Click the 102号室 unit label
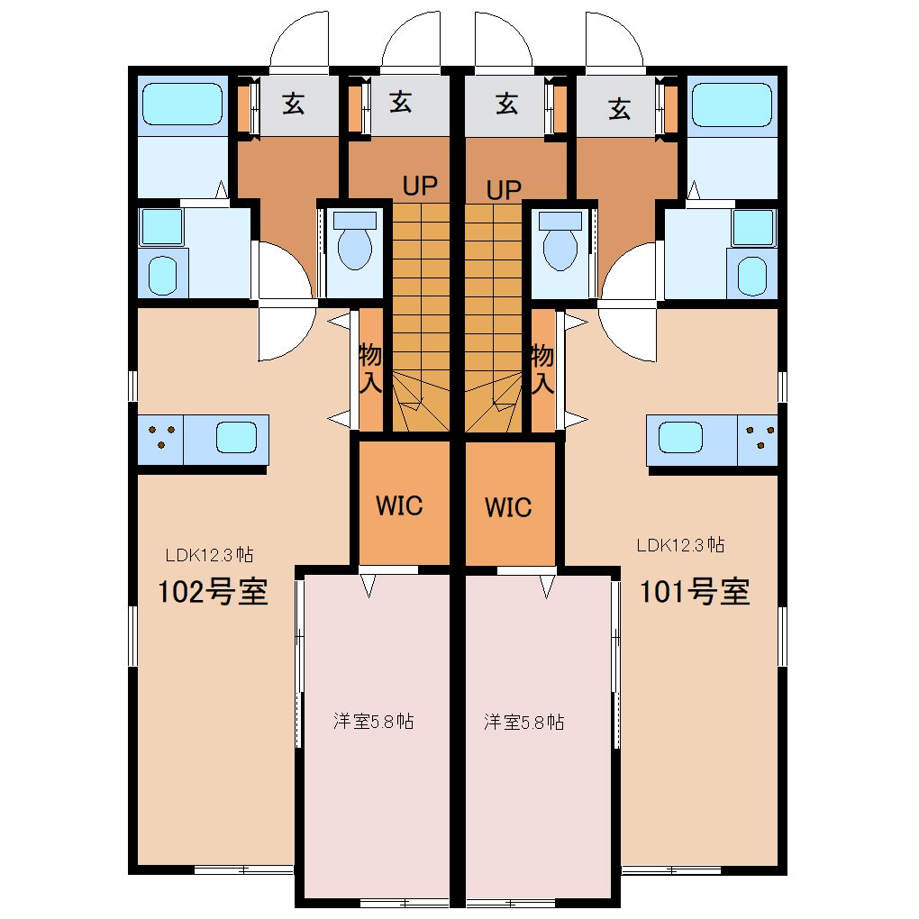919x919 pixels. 213,591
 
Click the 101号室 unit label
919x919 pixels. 695,591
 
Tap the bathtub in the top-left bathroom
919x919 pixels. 182,104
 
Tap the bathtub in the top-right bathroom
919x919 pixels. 732,105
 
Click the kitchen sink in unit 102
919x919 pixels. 236,437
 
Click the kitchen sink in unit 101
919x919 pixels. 680,437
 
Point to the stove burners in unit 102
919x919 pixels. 161,437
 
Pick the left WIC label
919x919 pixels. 399,505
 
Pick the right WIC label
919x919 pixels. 508,507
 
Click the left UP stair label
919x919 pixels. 420,186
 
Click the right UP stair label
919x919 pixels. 504,190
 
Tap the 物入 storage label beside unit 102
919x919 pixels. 369,369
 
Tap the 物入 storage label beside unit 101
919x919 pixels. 542,369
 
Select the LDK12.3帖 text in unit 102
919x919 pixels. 209,554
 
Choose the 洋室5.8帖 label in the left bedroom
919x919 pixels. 373,721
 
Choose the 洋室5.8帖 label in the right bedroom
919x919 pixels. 524,722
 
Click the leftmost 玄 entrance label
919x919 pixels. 293,104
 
